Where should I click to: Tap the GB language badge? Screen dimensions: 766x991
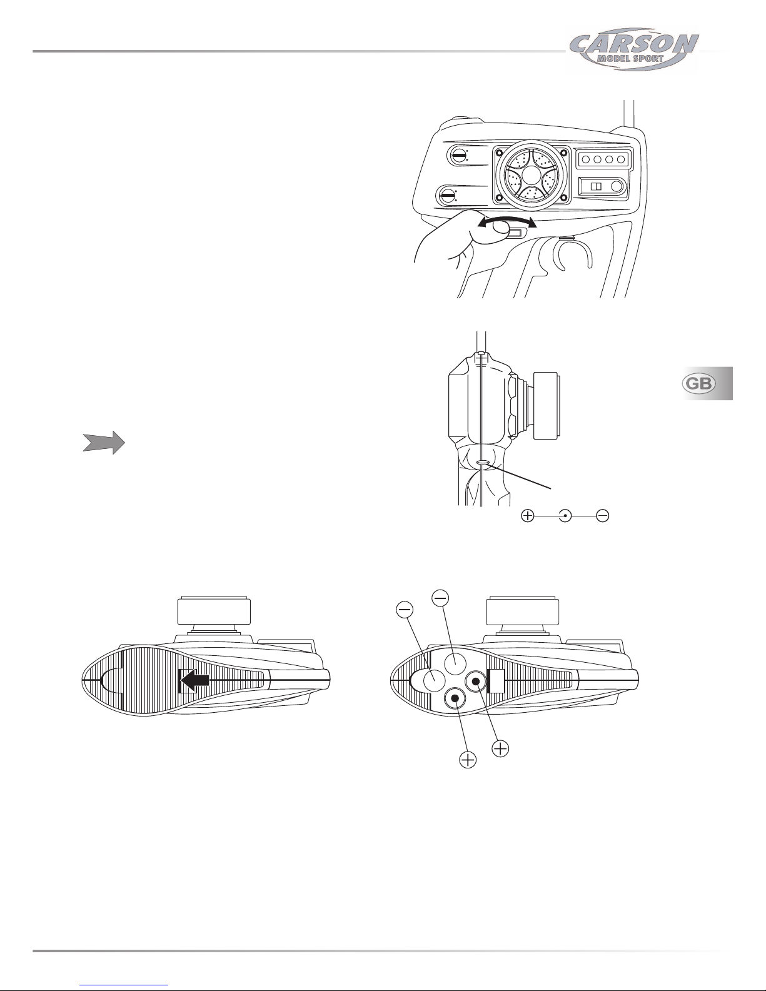pyautogui.click(x=698, y=383)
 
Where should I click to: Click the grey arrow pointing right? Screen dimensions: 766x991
pyautogui.click(x=104, y=443)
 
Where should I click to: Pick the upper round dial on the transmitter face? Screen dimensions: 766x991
pyautogui.click(x=458, y=155)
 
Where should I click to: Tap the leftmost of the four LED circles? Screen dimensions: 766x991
pyautogui.click(x=586, y=159)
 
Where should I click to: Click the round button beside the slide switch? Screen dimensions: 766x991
pyautogui.click(x=617, y=186)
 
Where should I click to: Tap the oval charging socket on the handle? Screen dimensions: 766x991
pyautogui.click(x=483, y=463)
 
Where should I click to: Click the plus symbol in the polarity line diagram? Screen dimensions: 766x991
pyautogui.click(x=528, y=516)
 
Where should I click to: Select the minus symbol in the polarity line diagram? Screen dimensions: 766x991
pyautogui.click(x=603, y=516)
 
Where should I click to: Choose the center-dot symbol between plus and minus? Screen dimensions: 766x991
pyautogui.click(x=565, y=516)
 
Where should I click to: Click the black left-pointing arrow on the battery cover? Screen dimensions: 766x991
pyautogui.click(x=194, y=680)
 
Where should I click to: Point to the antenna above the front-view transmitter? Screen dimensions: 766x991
pyautogui.click(x=629, y=114)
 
